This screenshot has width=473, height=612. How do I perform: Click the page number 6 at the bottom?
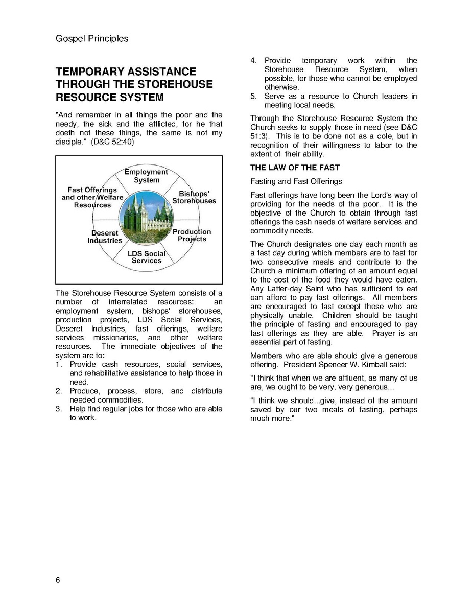pyautogui.click(x=58, y=580)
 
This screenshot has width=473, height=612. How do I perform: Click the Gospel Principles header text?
pyautogui.click(x=91, y=39)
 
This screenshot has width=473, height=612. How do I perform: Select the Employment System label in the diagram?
pyautogui.click(x=146, y=176)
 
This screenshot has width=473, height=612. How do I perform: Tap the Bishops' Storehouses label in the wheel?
pyautogui.click(x=194, y=197)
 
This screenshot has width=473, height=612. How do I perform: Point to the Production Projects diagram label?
pyautogui.click(x=192, y=236)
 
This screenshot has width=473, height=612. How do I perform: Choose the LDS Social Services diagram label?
pyautogui.click(x=147, y=257)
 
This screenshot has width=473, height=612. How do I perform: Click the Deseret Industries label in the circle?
pyautogui.click(x=105, y=237)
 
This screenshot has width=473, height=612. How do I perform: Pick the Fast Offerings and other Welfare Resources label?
pyautogui.click(x=92, y=197)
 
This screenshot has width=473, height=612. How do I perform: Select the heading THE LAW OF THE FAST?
pyautogui.click(x=295, y=168)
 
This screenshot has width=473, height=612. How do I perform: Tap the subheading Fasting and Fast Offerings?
pyautogui.click(x=296, y=181)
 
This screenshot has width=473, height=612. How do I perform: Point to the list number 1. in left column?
pyautogui.click(x=59, y=364)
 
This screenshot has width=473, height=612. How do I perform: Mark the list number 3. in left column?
pyautogui.click(x=59, y=409)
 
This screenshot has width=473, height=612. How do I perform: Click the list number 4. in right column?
pyautogui.click(x=253, y=61)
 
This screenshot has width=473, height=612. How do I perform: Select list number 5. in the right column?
pyautogui.click(x=253, y=96)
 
